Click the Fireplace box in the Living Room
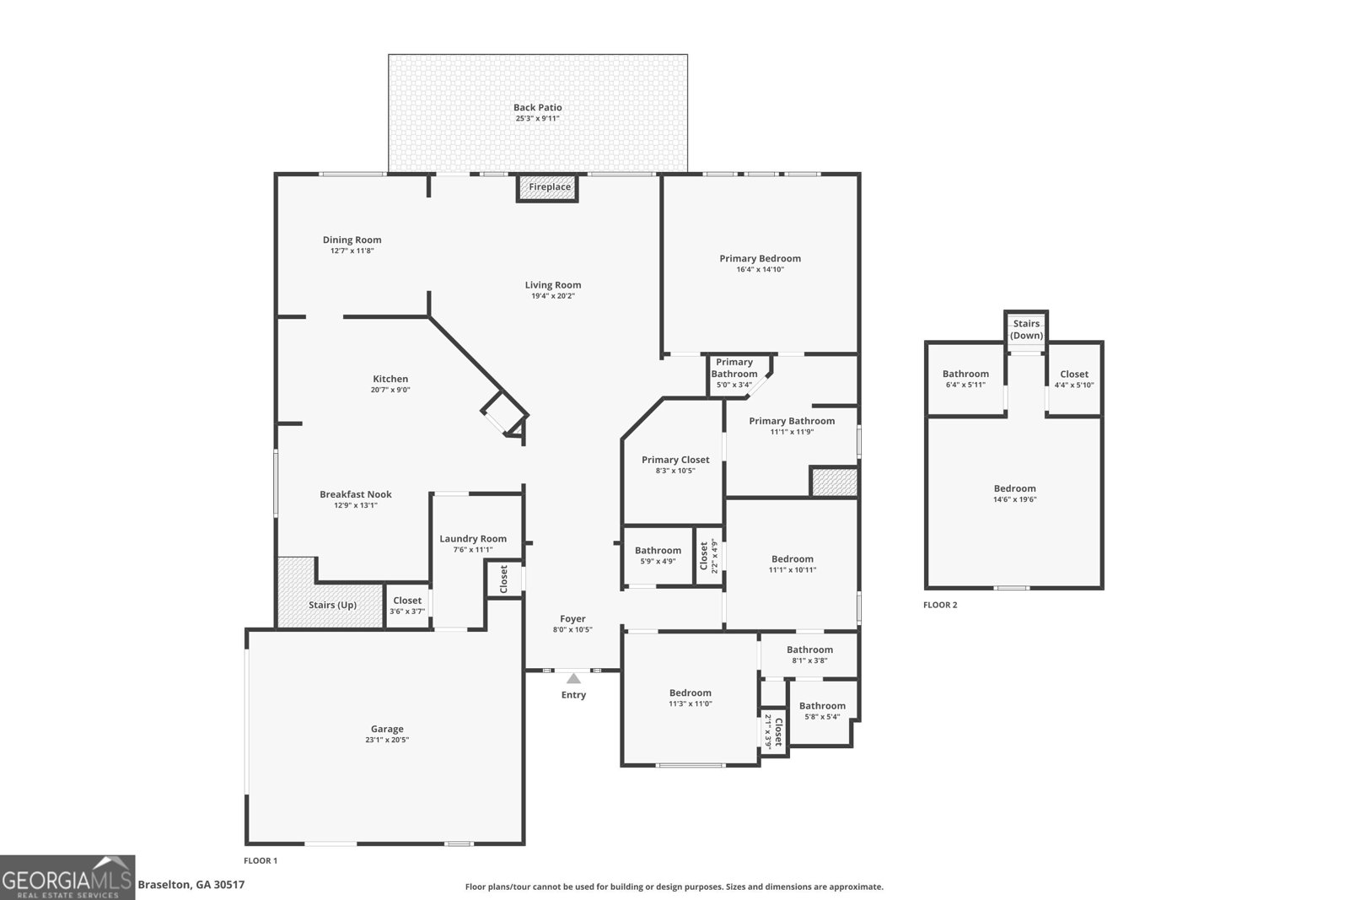[x=549, y=187]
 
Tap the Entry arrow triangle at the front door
[x=573, y=678]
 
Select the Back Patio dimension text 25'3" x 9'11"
[x=537, y=119]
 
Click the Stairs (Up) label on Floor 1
[x=332, y=605]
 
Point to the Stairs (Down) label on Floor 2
[x=1026, y=329]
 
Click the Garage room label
[x=387, y=729]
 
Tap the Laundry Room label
[x=473, y=538]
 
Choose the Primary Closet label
[x=675, y=460]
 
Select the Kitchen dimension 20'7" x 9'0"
[x=390, y=390]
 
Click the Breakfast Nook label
[x=355, y=494]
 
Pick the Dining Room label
[x=352, y=240]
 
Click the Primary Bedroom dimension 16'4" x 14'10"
[x=760, y=270]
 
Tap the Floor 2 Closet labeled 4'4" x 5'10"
[x=1074, y=379]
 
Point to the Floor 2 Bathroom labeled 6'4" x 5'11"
[x=965, y=379]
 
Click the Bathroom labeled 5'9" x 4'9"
[x=658, y=555]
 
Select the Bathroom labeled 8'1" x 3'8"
[x=809, y=655]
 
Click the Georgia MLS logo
[x=67, y=877]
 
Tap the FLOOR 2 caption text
[x=940, y=605]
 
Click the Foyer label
[x=572, y=618]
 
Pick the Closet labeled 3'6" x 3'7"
[x=407, y=606]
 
